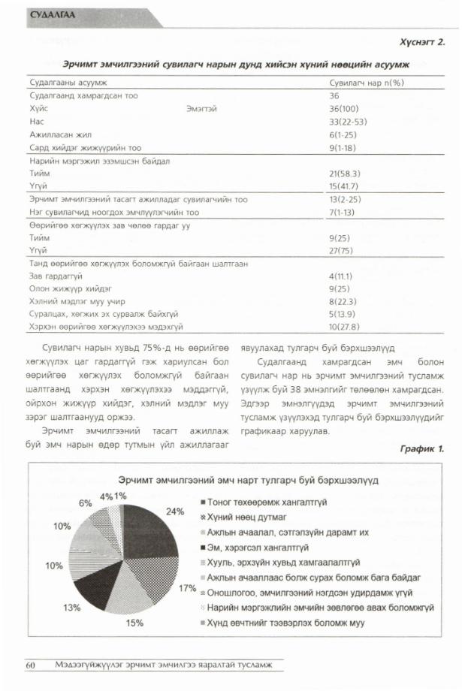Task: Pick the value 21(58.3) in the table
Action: pyautogui.click(x=346, y=174)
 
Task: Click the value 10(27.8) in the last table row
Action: pyautogui.click(x=346, y=327)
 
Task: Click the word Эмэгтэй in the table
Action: pyautogui.click(x=201, y=108)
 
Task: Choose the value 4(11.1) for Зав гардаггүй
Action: pyautogui.click(x=344, y=276)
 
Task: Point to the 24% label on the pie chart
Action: pyautogui.click(x=175, y=511)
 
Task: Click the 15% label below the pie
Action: pyautogui.click(x=134, y=623)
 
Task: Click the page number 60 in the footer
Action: pyautogui.click(x=31, y=665)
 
